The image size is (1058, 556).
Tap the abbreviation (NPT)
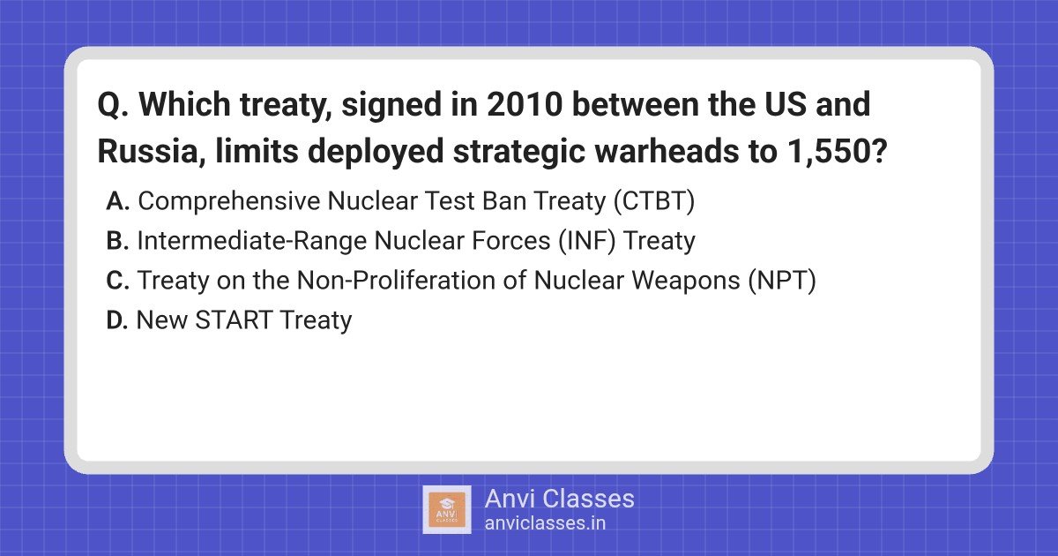pos(781,281)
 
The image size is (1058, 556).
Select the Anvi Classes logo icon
pos(447,510)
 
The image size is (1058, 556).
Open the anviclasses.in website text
pos(545,523)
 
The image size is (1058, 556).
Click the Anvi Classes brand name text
pos(559,499)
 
